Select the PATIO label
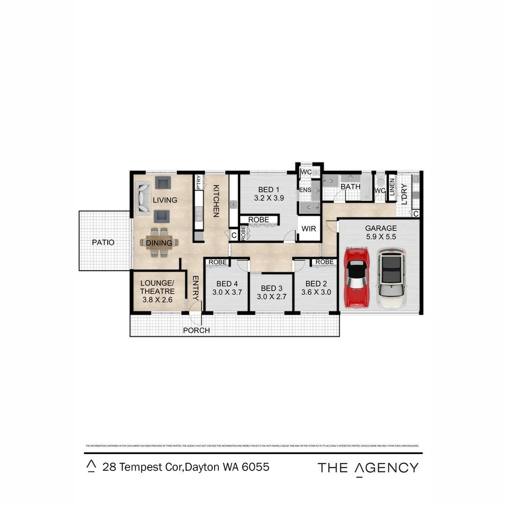103,242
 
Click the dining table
159,243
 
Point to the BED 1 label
269,189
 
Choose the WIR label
309,229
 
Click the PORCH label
196,330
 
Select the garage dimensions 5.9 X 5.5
381,237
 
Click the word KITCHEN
216,201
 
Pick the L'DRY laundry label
404,193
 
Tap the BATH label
351,187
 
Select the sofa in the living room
143,199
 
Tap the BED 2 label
316,283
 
